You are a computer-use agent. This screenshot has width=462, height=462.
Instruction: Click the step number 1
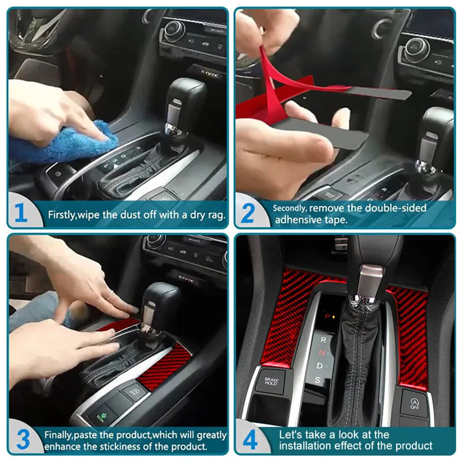[21, 213]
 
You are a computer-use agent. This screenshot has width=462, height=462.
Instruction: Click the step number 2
[247, 213]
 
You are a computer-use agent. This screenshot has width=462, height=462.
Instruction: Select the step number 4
[249, 440]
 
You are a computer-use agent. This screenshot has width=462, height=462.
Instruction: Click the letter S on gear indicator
[318, 379]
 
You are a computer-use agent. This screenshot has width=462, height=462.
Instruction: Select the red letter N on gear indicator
[321, 352]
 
